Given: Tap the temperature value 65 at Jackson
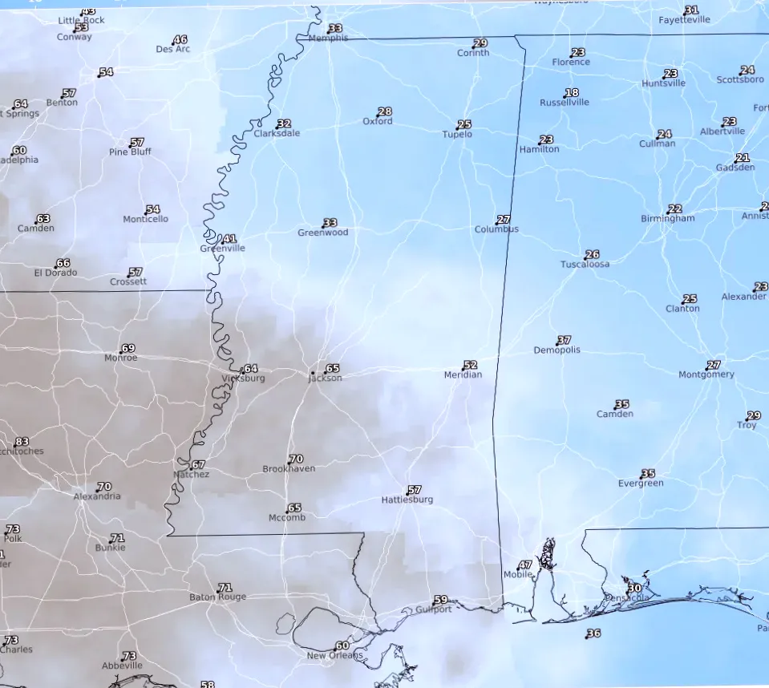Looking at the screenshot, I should pyautogui.click(x=333, y=368).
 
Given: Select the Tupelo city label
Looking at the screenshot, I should pyautogui.click(x=458, y=135).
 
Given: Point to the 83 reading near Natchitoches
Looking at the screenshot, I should pyautogui.click(x=22, y=442).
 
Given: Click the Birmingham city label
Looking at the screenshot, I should pyautogui.click(x=667, y=219).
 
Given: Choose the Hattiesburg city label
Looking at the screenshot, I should pyautogui.click(x=407, y=500).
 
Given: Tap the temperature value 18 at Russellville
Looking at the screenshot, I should pyautogui.click(x=572, y=93).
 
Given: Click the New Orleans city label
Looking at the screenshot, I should pyautogui.click(x=335, y=656).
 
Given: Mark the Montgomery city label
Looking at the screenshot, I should pyautogui.click(x=706, y=374).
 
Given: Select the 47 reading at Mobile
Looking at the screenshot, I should pyautogui.click(x=525, y=565).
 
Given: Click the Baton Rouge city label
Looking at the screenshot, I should pyautogui.click(x=217, y=597).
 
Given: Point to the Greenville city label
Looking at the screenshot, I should pyautogui.click(x=222, y=249).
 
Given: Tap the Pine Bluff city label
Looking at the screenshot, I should pyautogui.click(x=129, y=152).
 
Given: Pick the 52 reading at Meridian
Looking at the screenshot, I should pyautogui.click(x=471, y=366).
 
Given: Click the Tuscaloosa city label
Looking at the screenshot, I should pyautogui.click(x=585, y=265).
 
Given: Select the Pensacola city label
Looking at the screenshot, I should pyautogui.click(x=626, y=598).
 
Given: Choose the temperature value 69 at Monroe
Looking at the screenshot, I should pyautogui.click(x=128, y=349).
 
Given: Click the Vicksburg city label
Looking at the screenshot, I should pyautogui.click(x=242, y=378).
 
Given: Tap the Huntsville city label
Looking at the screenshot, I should pyautogui.click(x=663, y=83).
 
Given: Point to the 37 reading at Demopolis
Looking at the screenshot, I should pyautogui.click(x=565, y=341).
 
